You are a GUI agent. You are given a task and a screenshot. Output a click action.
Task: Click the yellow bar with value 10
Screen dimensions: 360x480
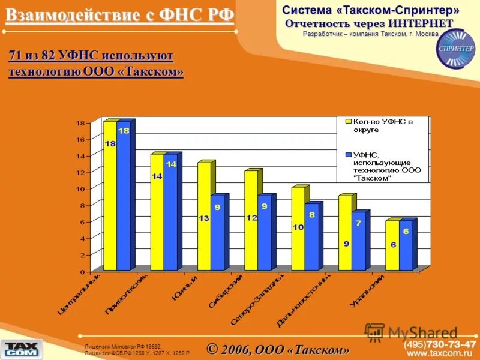pyautogui.click(x=298, y=228)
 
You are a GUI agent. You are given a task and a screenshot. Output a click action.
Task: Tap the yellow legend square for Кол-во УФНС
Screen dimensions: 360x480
pyautogui.click(x=347, y=121)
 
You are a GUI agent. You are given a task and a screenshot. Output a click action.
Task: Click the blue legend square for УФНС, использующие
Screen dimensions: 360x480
pyautogui.click(x=347, y=155)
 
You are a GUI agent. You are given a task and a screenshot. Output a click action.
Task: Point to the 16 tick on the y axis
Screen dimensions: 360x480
pyautogui.click(x=80, y=139)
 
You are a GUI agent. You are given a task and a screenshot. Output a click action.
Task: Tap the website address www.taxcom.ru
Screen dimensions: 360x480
pyautogui.click(x=441, y=354)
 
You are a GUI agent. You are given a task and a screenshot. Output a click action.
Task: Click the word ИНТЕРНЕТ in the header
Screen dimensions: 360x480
pyautogui.click(x=424, y=23)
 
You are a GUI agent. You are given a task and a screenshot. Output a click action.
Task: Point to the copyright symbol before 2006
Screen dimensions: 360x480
pyautogui.click(x=212, y=348)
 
